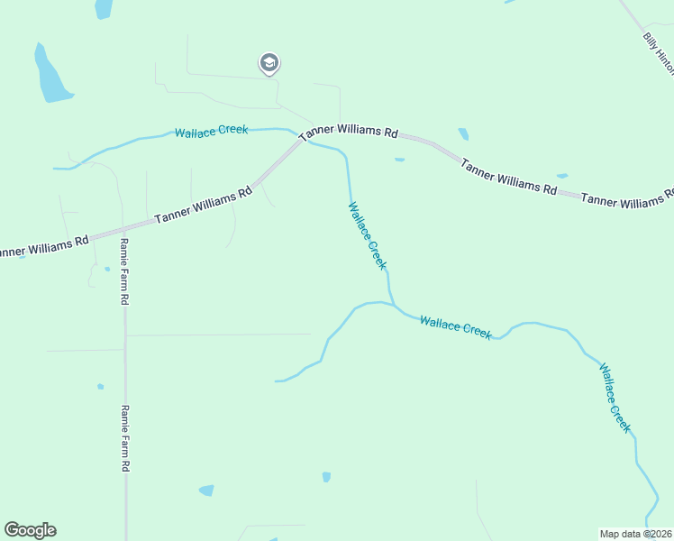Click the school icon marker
(x=269, y=63)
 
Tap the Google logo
(x=30, y=530)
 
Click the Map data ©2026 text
(x=635, y=534)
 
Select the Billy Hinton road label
(x=658, y=54)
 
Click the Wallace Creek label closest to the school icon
(x=211, y=131)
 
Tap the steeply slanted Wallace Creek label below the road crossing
(x=368, y=235)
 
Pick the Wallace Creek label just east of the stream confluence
(x=456, y=326)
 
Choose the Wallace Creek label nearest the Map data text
(x=615, y=398)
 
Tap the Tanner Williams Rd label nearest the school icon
(x=349, y=132)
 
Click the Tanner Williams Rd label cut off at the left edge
(x=43, y=246)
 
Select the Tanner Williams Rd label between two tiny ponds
(x=508, y=176)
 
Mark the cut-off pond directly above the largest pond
(x=104, y=8)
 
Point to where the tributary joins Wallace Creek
(x=391, y=304)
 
